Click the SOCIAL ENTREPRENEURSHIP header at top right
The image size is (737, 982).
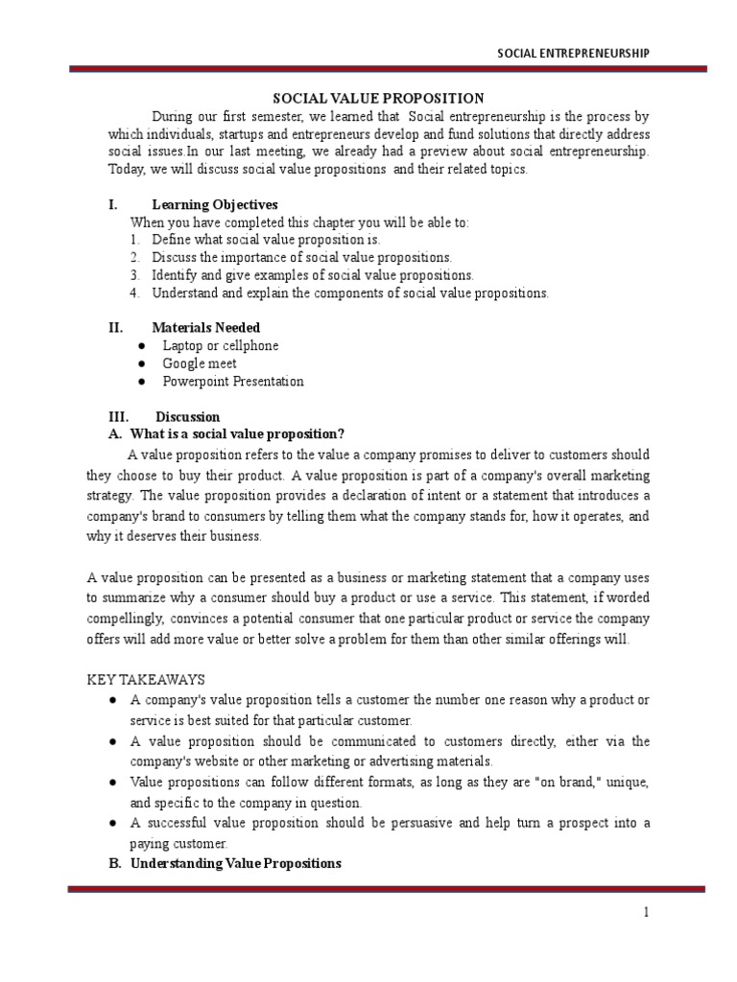(573, 53)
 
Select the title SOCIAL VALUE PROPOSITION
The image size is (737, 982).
(379, 99)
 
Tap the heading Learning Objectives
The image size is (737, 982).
(214, 204)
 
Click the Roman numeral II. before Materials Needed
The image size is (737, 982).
(115, 327)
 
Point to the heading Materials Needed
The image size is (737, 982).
(205, 327)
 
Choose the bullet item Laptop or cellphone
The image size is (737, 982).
(220, 345)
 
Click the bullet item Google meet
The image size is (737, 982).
(199, 363)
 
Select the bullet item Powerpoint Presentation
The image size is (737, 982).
(232, 382)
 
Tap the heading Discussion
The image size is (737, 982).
(187, 417)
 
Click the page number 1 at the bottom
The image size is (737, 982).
(647, 912)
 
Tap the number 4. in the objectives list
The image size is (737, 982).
(135, 292)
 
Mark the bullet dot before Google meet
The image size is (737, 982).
(141, 363)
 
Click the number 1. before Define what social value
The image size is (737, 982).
(135, 240)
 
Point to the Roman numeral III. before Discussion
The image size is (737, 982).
(117, 417)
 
